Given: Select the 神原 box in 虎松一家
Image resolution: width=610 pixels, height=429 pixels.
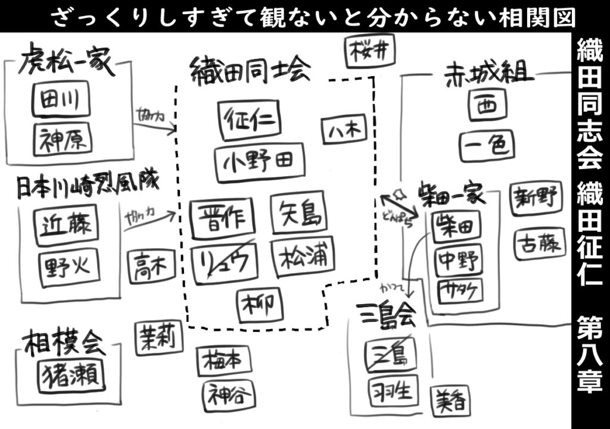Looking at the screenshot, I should (63, 139).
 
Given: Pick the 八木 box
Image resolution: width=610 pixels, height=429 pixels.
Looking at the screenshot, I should (344, 130).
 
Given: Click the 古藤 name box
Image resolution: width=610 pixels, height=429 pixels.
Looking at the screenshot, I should (538, 242).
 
